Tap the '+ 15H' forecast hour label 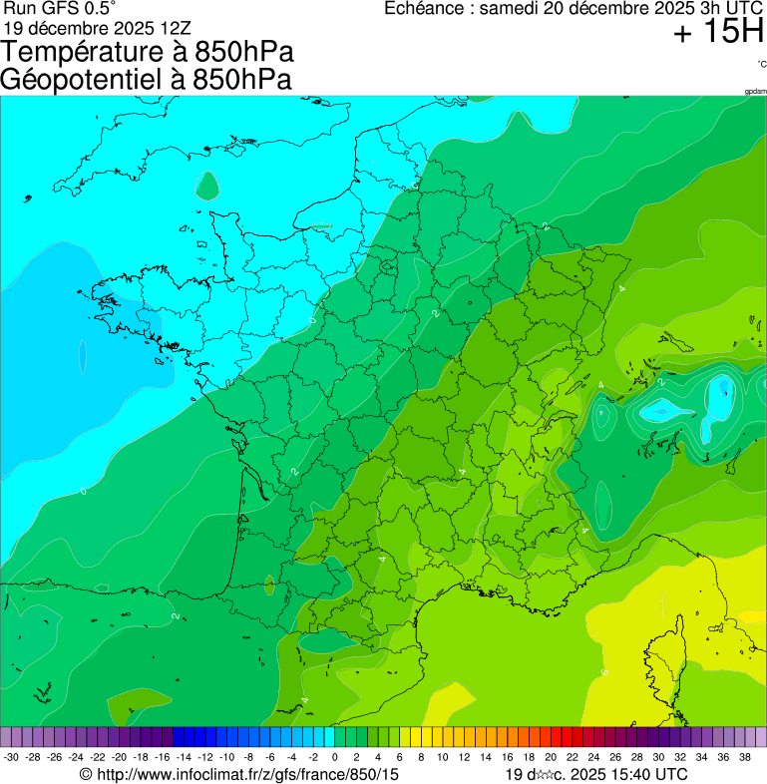coord(717,33)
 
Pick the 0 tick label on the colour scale coord(334,758)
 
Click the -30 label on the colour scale coord(11,758)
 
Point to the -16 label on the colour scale coord(163,758)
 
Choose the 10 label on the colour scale coord(443,758)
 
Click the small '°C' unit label coord(761,64)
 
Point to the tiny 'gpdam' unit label coord(755,91)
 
